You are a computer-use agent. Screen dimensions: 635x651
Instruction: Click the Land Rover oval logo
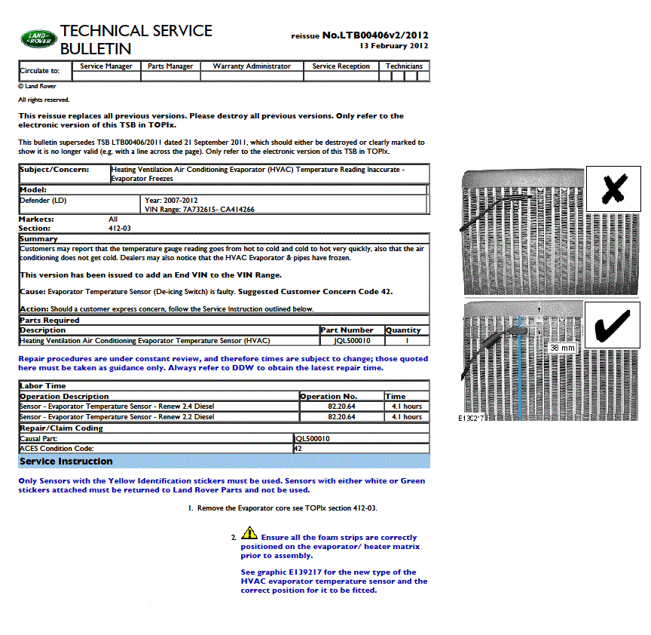point(37,39)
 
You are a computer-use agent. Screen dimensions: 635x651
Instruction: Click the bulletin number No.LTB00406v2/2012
point(375,35)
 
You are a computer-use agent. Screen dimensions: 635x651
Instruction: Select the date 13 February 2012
point(394,45)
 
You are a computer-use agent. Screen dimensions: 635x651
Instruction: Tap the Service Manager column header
point(106,66)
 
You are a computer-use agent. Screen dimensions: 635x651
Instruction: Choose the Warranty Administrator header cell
point(252,66)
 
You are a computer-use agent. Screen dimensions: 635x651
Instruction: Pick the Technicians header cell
point(404,66)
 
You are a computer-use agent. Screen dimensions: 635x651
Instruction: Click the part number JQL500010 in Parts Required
point(352,341)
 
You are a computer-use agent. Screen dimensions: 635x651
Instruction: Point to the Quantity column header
point(403,330)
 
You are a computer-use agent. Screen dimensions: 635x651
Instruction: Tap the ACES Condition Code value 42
point(298,448)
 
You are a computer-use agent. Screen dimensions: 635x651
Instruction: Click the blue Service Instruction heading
point(66,462)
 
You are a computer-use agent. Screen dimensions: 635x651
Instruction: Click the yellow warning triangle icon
point(249,534)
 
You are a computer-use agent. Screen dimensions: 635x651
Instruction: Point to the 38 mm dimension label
point(562,348)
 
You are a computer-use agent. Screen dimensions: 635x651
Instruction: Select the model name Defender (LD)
point(44,200)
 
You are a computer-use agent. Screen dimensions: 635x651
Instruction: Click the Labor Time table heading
point(43,385)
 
